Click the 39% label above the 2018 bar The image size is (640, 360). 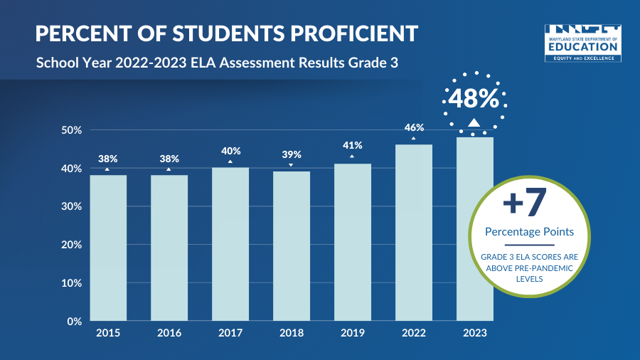coord(292,154)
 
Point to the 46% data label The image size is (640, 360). coord(415,127)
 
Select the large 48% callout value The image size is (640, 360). coord(474,98)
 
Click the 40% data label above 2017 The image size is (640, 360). coord(231,151)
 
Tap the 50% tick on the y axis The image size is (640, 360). coord(72,130)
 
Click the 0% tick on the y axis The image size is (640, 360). coord(75,321)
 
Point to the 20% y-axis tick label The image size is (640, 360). coord(72,245)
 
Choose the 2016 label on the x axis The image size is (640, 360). coord(169,333)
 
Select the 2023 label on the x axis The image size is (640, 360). coord(475,333)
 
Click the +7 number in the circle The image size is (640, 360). coord(525,203)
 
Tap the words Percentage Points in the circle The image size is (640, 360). coord(529,232)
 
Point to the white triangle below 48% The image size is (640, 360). coord(474,122)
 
